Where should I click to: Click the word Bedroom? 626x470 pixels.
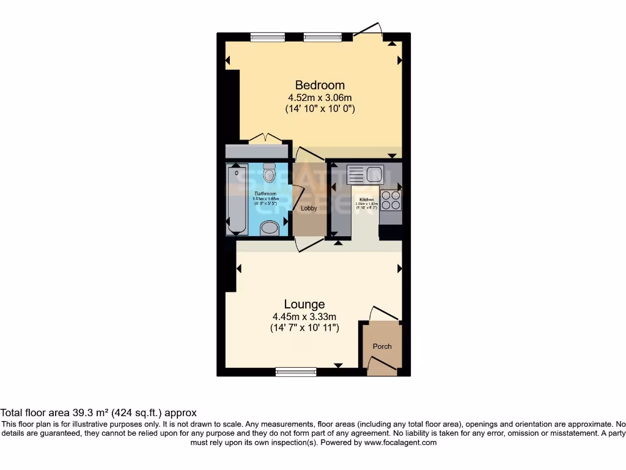pos(320,85)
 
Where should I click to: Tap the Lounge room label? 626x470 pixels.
pos(304,304)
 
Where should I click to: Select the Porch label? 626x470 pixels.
pos(382,346)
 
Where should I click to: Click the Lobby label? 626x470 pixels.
pos(309,208)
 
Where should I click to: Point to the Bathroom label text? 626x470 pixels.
pos(265,193)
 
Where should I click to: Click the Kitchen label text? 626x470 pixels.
pos(367,200)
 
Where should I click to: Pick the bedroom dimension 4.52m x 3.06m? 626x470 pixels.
pos(320,97)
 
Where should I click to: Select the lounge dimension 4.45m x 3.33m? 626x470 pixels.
pos(304,316)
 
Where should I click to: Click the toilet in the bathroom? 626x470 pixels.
pos(268,175)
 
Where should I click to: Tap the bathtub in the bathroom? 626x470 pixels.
pos(235,199)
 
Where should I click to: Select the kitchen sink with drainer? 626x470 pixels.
pos(364,175)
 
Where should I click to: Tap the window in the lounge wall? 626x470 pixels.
pos(296,371)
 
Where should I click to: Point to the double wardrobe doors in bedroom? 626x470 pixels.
pos(265,138)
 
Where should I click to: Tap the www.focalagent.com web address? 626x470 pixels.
pos(401,442)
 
